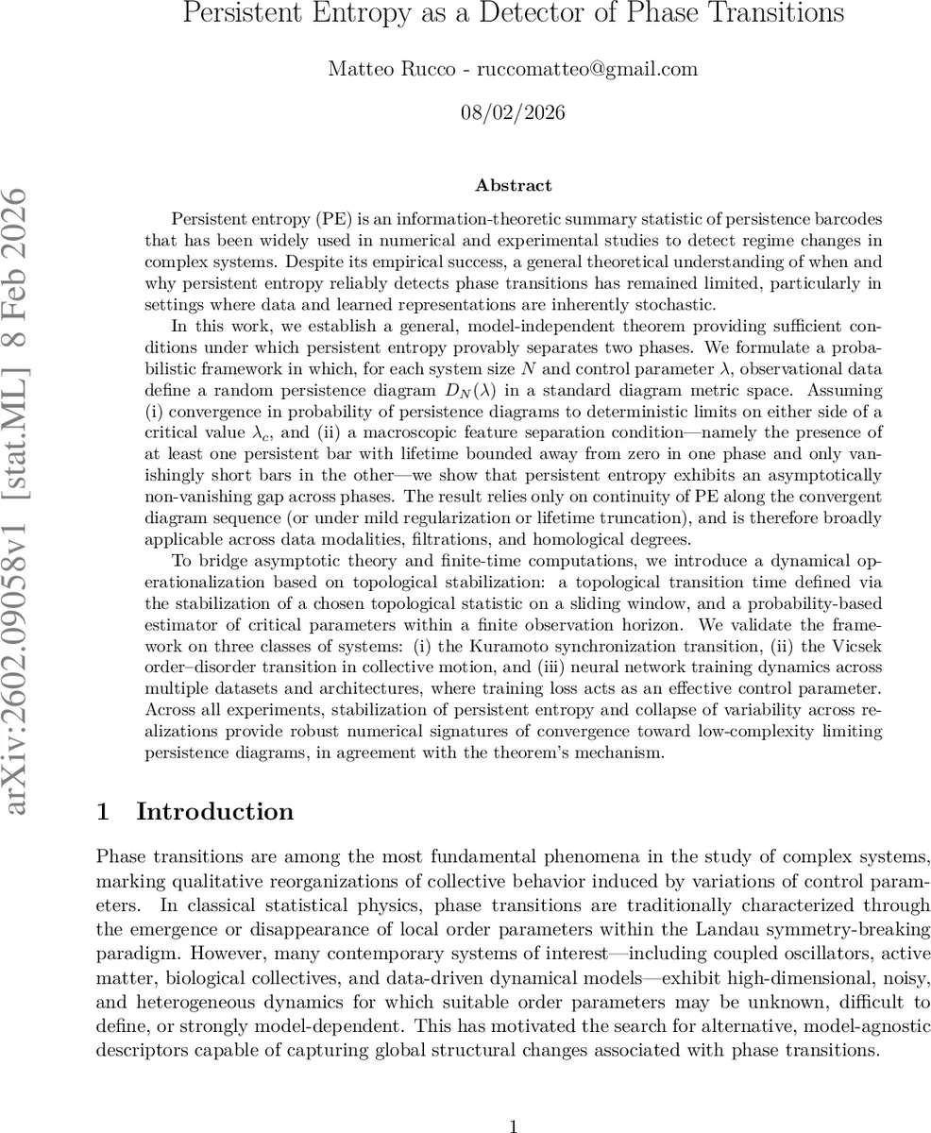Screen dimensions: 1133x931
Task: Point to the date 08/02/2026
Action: pyautogui.click(x=513, y=113)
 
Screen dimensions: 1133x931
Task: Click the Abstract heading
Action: pyautogui.click(x=513, y=185)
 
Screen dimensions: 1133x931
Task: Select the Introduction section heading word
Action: pyautogui.click(x=215, y=812)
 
